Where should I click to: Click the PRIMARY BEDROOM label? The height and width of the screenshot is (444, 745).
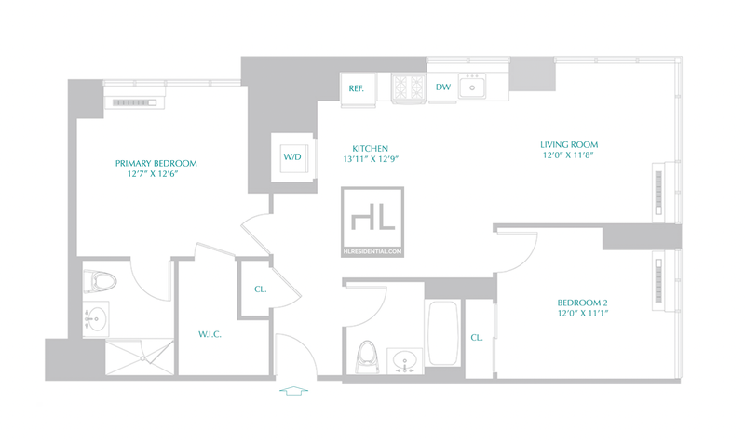pos(156,163)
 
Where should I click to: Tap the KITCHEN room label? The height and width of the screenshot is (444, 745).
pos(370,149)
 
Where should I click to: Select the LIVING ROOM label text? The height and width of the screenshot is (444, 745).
pos(569,145)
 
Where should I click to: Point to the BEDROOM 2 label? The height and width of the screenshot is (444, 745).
pos(582,303)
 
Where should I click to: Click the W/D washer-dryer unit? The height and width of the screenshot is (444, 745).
pos(292,157)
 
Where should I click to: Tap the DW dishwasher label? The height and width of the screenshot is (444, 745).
pos(443,87)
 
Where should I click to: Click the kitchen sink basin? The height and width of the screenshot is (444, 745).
pos(472,87)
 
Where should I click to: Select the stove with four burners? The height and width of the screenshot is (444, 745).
pos(409,87)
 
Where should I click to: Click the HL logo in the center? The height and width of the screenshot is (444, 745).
pos(372,222)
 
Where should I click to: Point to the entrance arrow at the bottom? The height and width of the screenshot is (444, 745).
pos(293,391)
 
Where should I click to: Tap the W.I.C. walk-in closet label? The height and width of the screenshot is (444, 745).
pos(210,334)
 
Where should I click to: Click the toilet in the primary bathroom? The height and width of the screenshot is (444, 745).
pos(100,282)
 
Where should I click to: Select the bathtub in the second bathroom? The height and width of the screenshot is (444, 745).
pos(443,333)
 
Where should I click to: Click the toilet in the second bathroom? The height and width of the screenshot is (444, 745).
pos(367,357)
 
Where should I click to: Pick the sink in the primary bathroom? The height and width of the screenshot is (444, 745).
pos(96,319)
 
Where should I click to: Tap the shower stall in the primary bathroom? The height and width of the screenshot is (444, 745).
pos(139,357)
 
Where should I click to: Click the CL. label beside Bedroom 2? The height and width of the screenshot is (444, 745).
pos(477,338)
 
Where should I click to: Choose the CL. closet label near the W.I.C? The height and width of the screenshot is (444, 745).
pos(261,289)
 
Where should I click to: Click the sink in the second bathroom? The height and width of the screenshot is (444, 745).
pos(405,361)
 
